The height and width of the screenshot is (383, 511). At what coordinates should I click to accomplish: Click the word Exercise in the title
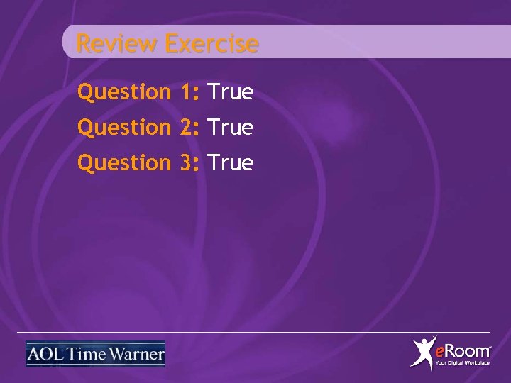click(x=211, y=44)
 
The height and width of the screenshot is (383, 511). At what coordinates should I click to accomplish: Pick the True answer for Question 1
click(x=231, y=92)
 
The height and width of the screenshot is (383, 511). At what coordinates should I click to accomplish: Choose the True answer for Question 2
click(x=231, y=128)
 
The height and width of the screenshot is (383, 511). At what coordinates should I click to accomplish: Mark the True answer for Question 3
click(x=231, y=163)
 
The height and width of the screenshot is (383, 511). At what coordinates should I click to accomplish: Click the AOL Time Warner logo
click(x=95, y=354)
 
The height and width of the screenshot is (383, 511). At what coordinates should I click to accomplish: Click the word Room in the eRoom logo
click(x=468, y=350)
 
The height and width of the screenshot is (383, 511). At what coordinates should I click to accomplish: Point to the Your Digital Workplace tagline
click(x=462, y=363)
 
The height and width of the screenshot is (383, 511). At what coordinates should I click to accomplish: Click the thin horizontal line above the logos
click(x=255, y=332)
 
